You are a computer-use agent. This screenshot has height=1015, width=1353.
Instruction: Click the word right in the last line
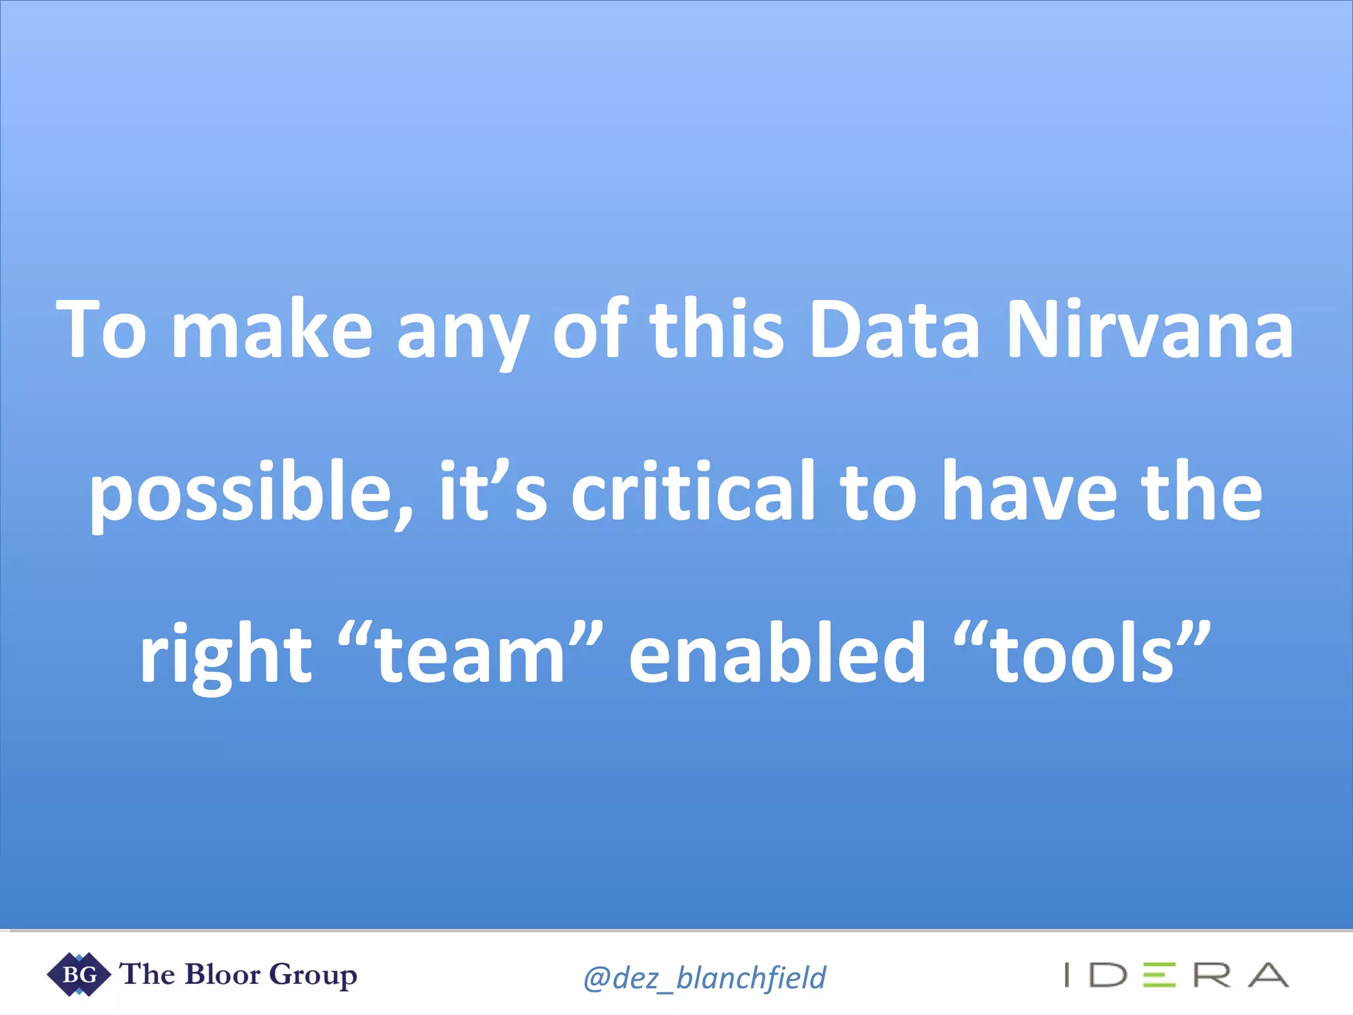[x=225, y=654]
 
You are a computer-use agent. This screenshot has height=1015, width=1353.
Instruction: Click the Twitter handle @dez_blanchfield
[x=704, y=977]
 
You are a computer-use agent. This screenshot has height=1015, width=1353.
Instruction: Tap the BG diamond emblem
[x=79, y=974]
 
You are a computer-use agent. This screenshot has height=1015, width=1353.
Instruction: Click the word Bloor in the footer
[x=223, y=974]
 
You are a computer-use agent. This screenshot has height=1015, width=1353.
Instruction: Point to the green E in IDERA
[x=1159, y=975]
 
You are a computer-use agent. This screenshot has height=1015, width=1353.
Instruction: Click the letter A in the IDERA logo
[x=1268, y=975]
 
